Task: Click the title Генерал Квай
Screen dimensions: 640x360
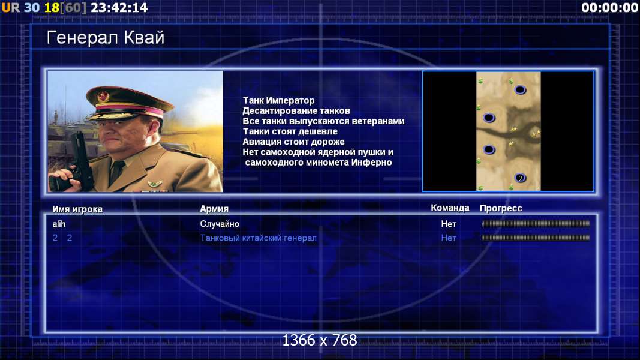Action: tap(106, 38)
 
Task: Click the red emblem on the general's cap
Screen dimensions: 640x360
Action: tap(103, 97)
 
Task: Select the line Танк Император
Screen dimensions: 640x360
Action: tap(278, 100)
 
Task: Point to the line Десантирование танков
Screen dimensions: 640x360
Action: tap(296, 110)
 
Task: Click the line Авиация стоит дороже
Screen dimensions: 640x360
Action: tap(293, 142)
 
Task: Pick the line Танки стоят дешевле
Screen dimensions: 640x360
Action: tap(290, 131)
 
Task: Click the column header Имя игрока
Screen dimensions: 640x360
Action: tap(77, 209)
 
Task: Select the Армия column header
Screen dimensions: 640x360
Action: tap(214, 209)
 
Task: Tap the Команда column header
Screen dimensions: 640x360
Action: tap(450, 208)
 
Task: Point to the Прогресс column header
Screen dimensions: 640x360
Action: tap(501, 208)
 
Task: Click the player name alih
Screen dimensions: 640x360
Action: tap(59, 224)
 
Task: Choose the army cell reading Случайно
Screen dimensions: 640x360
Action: tap(220, 224)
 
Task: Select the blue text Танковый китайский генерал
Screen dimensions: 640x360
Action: tap(258, 238)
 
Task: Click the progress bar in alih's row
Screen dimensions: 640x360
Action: tap(536, 224)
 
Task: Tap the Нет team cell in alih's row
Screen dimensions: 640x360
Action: tap(449, 224)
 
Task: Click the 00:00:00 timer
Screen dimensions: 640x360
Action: tap(609, 8)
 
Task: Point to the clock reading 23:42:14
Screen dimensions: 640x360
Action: tap(119, 8)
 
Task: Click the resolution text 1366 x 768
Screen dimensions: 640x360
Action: tap(320, 340)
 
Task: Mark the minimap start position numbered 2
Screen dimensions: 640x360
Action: tap(520, 178)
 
